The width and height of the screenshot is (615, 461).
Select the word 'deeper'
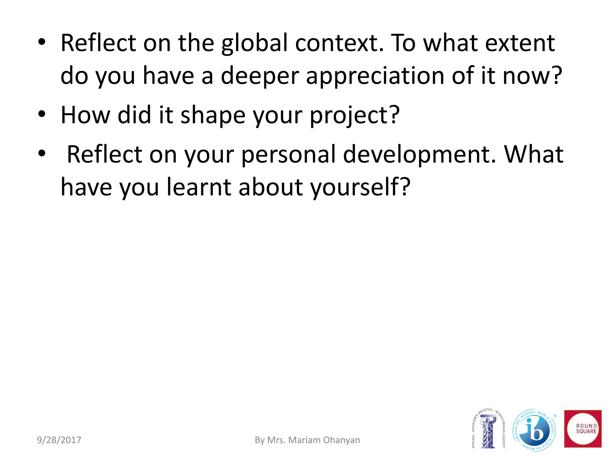260,76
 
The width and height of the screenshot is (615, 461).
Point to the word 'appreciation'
375,76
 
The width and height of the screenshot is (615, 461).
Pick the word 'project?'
355,116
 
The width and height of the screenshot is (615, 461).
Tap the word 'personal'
288,155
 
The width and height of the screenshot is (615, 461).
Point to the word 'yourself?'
360,187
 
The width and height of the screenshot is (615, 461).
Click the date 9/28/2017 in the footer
59,440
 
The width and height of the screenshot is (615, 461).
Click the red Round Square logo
583,429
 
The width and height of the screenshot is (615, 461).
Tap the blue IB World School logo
534,430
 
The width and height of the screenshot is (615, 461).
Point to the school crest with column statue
488,429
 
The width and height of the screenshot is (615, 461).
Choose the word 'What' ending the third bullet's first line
534,155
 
